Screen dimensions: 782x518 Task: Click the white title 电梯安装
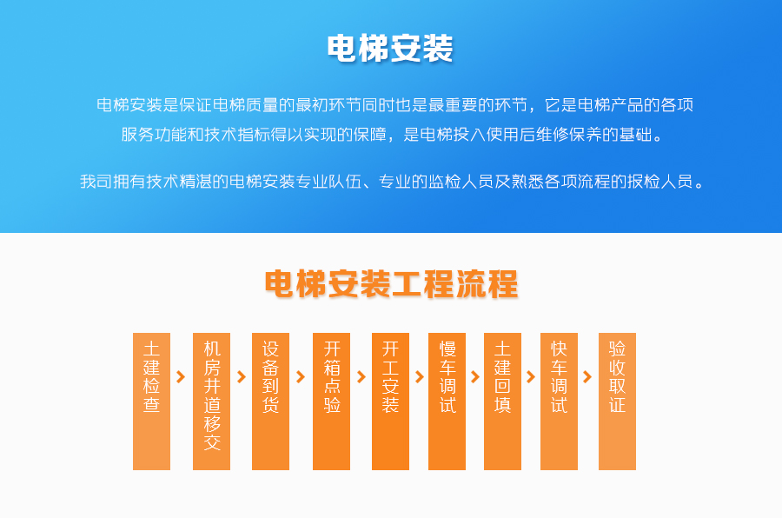[390, 49]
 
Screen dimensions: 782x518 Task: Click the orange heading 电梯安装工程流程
[392, 284]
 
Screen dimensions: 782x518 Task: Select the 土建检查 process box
[151, 402]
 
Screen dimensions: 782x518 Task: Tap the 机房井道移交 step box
[211, 402]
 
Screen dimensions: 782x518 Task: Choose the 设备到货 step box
[270, 402]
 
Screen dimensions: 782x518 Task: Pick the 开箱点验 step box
[331, 402]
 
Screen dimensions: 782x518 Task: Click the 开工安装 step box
[390, 402]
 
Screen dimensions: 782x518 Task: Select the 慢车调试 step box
[447, 402]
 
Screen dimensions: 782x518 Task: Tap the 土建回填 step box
[503, 402]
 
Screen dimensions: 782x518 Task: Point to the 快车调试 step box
[559, 402]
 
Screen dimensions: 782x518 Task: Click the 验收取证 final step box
[618, 402]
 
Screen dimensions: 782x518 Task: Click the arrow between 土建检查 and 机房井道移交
[181, 377]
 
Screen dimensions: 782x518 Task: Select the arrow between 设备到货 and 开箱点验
[301, 377]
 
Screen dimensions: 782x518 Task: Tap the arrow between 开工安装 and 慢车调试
[420, 377]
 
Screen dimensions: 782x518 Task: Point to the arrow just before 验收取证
[587, 377]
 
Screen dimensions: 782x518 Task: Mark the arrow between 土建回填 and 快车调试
[531, 377]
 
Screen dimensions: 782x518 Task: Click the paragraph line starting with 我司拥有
[392, 181]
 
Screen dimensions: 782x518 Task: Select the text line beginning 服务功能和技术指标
[392, 134]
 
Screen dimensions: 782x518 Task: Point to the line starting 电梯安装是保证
[395, 105]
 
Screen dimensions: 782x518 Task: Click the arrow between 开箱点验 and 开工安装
[361, 377]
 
